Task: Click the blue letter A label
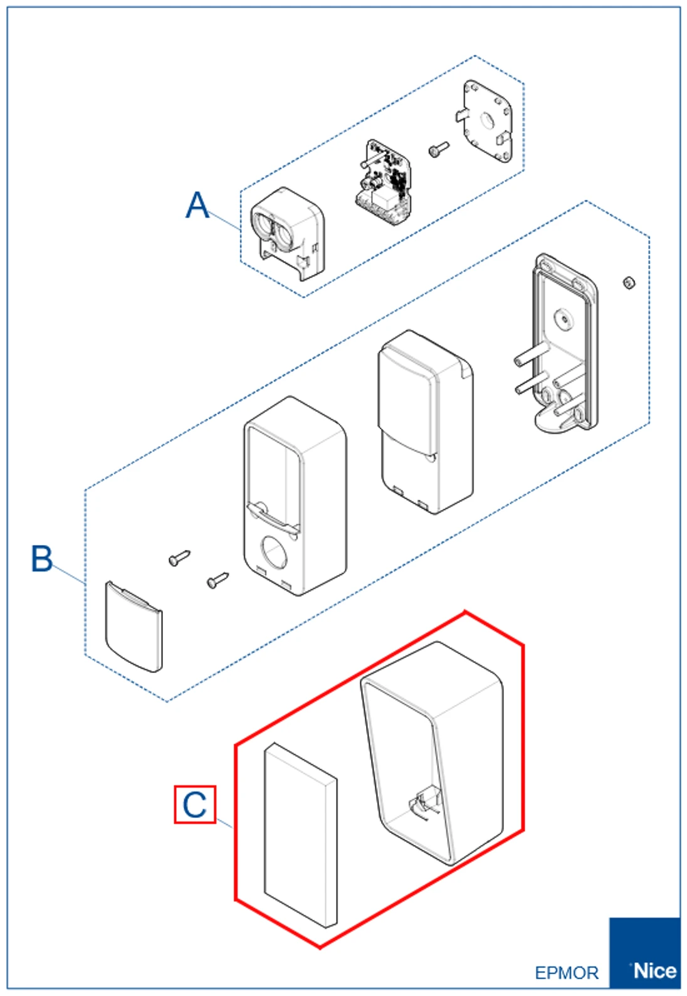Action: coord(197,205)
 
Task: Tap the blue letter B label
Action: coord(41,558)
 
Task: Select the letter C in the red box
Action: coord(195,805)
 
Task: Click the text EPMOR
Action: coord(567,973)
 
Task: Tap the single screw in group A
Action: coord(438,149)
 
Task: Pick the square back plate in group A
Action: coord(488,120)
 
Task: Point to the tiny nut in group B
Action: coord(629,282)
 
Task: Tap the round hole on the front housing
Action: coord(273,551)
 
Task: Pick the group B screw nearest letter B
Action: coord(179,558)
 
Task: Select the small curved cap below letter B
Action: coord(134,627)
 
